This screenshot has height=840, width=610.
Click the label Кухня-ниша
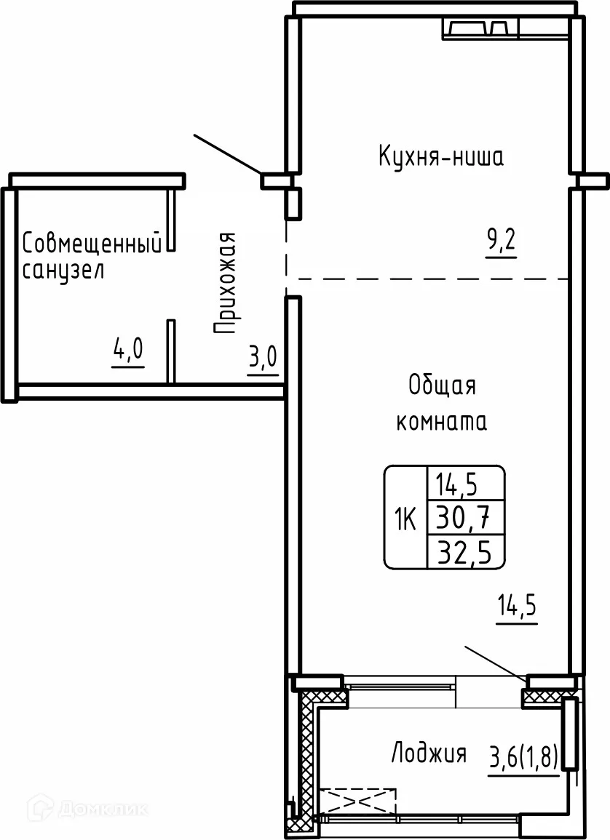point(440,156)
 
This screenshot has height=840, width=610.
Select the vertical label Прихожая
point(226,283)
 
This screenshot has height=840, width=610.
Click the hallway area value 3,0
point(263,359)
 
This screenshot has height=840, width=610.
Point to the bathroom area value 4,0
point(128,352)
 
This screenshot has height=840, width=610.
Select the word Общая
point(442,385)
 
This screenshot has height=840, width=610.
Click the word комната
point(441,422)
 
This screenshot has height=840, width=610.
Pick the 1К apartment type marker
point(405,518)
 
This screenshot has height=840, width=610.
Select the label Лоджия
point(429,753)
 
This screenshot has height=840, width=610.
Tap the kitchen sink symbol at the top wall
point(480,29)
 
